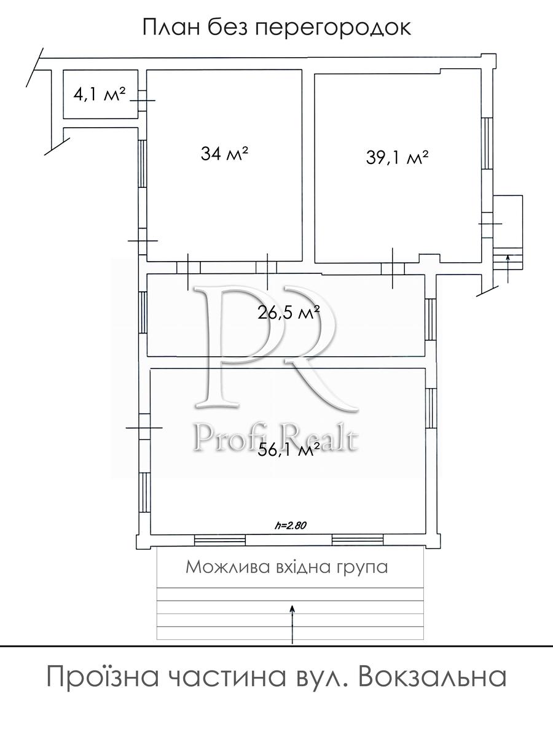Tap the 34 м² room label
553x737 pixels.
tap(225, 154)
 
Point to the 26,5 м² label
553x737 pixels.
tap(288, 313)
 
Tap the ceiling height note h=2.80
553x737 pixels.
tap(291, 525)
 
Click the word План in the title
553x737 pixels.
tap(171, 27)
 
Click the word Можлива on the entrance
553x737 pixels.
tap(226, 567)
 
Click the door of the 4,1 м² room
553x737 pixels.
tap(143, 100)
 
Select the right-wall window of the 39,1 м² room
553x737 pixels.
tap(487, 147)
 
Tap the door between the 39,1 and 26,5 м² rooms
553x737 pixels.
tap(393, 268)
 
